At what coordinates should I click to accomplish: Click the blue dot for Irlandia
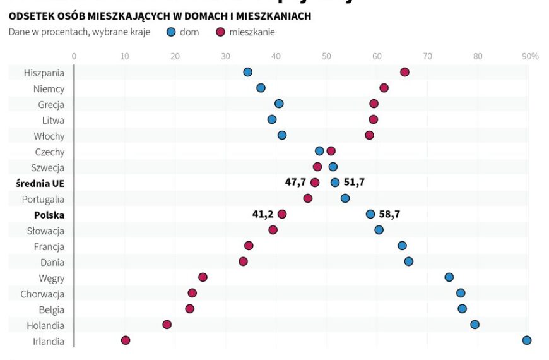pos(527,340)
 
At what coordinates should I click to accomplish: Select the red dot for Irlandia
pos(126,340)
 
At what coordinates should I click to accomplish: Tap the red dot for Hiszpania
pos(404,72)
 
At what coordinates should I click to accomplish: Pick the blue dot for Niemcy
pos(261,88)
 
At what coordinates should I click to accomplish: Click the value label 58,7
pos(389,214)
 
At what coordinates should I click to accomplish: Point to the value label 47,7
pos(295,183)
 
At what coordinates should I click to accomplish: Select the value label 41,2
pos(263,214)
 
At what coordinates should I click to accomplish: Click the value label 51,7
pos(354,183)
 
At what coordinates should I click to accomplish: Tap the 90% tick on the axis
pos(530,56)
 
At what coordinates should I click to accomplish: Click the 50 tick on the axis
pos(326,56)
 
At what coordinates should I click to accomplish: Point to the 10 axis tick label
pos(124,56)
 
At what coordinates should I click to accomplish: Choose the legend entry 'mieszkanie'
pos(252,32)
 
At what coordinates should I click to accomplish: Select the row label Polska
pos(49,215)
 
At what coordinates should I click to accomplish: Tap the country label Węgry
pos(51,278)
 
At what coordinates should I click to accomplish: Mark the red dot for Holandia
pos(167,325)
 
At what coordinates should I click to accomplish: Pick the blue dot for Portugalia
pos(345,198)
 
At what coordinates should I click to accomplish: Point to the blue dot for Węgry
pos(449,277)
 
